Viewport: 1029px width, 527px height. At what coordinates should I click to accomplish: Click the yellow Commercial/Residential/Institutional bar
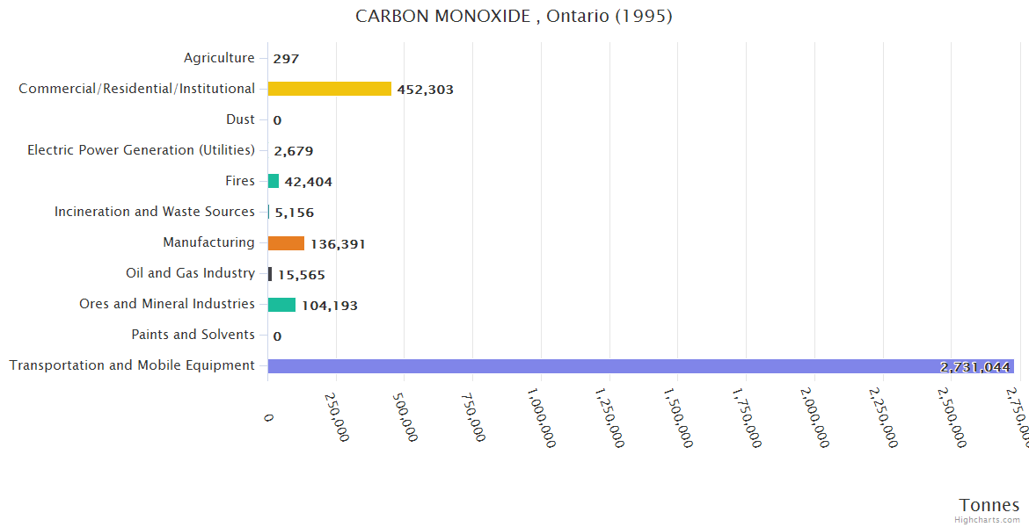click(x=329, y=89)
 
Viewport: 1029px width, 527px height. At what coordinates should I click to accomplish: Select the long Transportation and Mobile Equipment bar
click(x=640, y=366)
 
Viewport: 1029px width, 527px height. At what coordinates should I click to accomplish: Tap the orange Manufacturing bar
click(x=286, y=243)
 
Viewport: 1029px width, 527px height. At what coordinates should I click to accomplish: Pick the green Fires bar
click(x=274, y=181)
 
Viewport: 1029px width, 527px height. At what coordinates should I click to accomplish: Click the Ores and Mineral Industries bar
click(x=281, y=305)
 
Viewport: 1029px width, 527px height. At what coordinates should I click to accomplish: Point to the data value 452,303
click(x=425, y=90)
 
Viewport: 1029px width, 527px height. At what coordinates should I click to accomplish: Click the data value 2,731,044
click(x=974, y=367)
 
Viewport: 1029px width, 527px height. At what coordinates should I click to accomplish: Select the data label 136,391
click(x=338, y=244)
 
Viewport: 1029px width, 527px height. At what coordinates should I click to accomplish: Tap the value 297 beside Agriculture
click(x=286, y=59)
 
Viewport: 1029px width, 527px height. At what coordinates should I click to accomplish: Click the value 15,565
click(x=302, y=275)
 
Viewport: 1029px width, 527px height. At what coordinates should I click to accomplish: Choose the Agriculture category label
click(x=219, y=58)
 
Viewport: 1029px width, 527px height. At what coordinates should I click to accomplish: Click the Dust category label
click(x=240, y=119)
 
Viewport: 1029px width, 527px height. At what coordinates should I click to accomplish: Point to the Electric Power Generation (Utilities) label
click(x=141, y=150)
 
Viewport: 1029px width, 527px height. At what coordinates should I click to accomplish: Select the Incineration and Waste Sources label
click(x=155, y=212)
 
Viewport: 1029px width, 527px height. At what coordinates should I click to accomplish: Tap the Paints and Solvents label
click(x=193, y=335)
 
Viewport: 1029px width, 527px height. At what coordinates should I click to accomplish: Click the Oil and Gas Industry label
click(x=190, y=273)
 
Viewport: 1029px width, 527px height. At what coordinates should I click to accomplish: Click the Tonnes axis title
click(x=989, y=505)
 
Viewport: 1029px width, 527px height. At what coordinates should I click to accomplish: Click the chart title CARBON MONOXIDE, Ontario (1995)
click(x=514, y=17)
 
